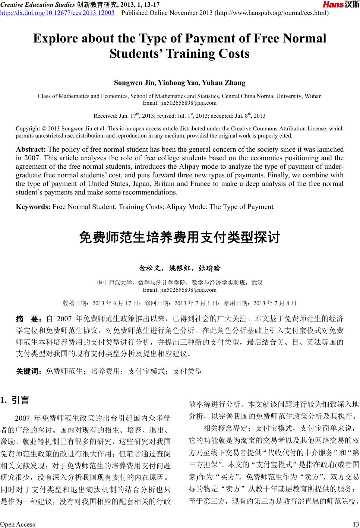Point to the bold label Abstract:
[31, 149]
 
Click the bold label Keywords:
[34, 207]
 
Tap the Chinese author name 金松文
[149, 268]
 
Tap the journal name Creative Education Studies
[38, 4]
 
